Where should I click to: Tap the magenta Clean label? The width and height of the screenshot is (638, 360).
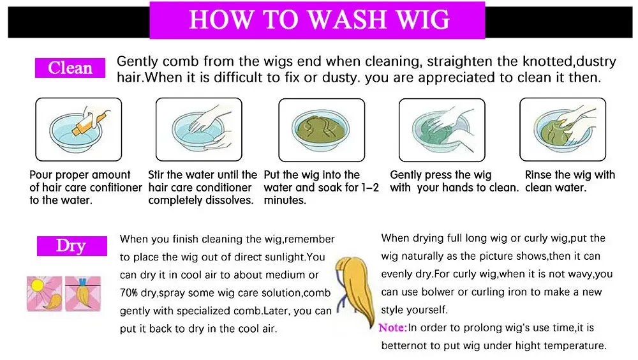click(x=70, y=68)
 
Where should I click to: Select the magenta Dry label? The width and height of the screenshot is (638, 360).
click(x=71, y=246)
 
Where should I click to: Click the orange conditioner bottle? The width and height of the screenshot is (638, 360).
click(x=91, y=121)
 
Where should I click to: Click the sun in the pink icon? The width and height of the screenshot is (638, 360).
click(x=38, y=284)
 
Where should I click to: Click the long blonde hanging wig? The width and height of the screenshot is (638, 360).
click(x=355, y=290)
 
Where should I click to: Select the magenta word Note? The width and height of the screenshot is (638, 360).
click(x=392, y=328)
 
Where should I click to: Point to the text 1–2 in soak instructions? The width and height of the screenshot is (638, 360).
click(x=370, y=187)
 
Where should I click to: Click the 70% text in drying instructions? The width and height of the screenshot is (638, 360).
click(x=129, y=293)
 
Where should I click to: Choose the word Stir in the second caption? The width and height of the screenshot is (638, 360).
click(x=156, y=175)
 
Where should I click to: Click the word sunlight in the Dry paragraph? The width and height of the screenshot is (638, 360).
click(x=288, y=257)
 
